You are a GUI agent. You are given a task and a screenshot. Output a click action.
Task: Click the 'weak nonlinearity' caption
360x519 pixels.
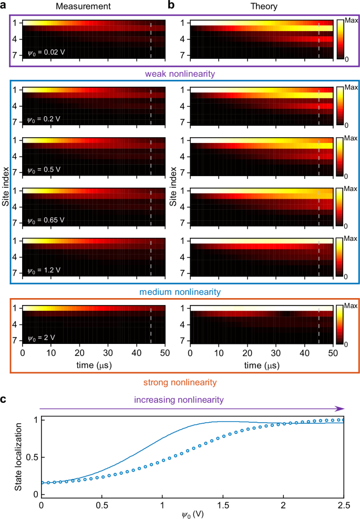[180, 75]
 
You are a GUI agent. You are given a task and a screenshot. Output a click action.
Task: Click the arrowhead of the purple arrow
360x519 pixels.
[342, 408]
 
